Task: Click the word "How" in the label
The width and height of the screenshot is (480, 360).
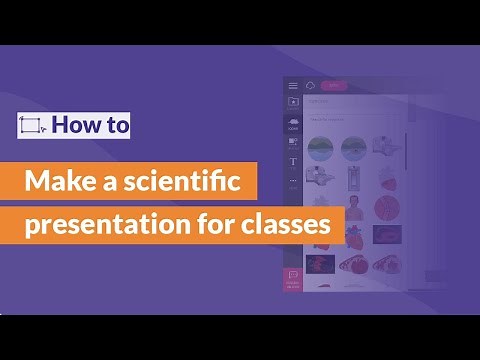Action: (x=75, y=125)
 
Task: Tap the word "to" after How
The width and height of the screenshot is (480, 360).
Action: (x=115, y=125)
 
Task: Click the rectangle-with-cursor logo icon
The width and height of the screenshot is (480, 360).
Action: (x=31, y=125)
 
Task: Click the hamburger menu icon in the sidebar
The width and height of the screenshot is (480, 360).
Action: (x=293, y=86)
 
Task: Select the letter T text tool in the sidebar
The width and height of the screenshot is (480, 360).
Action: (x=293, y=161)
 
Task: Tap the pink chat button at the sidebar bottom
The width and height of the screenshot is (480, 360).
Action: (x=293, y=279)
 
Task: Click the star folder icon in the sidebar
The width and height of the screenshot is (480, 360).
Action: (x=293, y=102)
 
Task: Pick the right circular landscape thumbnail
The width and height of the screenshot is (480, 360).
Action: (x=352, y=148)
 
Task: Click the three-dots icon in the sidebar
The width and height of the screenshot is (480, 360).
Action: (x=293, y=181)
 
